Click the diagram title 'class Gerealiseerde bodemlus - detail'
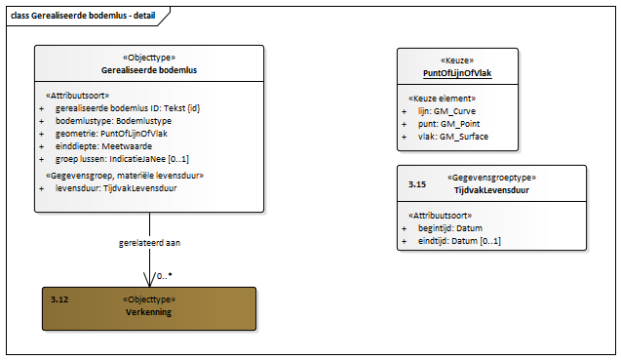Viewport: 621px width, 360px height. coord(83,16)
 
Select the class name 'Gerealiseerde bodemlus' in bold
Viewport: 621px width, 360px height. coord(149,70)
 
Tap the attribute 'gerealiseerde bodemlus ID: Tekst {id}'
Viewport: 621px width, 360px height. coord(128,108)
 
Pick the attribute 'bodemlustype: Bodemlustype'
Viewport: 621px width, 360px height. coord(113,121)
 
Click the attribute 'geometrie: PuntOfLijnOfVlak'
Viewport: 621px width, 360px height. coord(111,134)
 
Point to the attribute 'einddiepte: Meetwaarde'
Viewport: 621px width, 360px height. coord(103,146)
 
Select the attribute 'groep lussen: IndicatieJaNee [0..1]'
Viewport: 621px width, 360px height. coord(122,159)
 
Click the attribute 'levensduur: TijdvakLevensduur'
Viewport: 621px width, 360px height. coord(116,188)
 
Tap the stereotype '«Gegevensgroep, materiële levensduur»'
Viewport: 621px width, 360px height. coord(125,176)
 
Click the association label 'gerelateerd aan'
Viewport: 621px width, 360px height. coord(149,243)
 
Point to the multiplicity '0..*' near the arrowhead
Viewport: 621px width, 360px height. coord(165,276)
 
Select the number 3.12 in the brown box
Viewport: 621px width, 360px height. coord(59,300)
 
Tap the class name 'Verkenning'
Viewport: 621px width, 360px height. coord(148,312)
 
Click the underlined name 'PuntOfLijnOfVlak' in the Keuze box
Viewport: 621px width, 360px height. coord(457,73)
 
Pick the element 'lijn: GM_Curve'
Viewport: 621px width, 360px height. coord(446,111)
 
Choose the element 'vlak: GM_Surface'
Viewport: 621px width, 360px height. coord(453,137)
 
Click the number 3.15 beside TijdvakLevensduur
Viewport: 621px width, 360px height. coord(417,184)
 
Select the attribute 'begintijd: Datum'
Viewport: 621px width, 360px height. coord(450,228)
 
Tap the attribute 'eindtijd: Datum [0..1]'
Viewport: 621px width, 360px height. coord(459,241)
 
